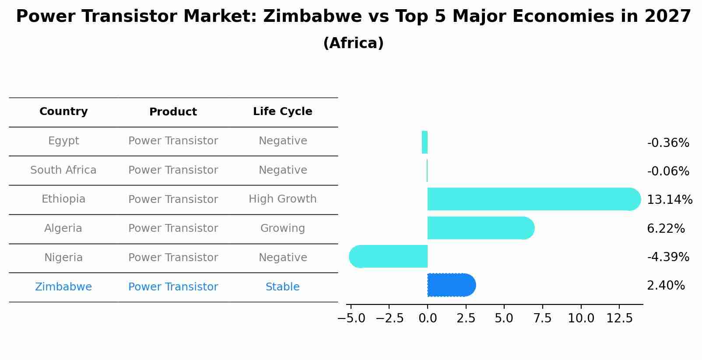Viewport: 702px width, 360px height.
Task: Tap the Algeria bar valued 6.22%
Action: pyautogui.click(x=480, y=228)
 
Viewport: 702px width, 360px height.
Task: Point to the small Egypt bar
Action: pyautogui.click(x=425, y=142)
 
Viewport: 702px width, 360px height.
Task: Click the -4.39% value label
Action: pyautogui.click(x=668, y=257)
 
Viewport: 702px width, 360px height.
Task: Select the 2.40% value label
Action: pyautogui.click(x=666, y=286)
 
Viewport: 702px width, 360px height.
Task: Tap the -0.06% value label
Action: pyautogui.click(x=668, y=171)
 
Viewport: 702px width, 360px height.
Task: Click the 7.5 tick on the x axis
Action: pyautogui.click(x=542, y=318)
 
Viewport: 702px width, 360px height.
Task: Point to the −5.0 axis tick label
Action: pyautogui.click(x=351, y=318)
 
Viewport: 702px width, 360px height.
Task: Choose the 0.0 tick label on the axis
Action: pyautogui.click(x=428, y=318)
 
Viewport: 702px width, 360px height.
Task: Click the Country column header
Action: pyautogui.click(x=63, y=112)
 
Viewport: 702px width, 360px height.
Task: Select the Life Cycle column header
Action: pyautogui.click(x=282, y=112)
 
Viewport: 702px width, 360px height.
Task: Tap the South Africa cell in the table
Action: pyautogui.click(x=63, y=170)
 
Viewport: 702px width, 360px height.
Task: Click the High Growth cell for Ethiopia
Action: pyautogui.click(x=282, y=199)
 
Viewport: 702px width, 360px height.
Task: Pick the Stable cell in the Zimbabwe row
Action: pyautogui.click(x=282, y=287)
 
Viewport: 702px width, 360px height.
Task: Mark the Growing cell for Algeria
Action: pyautogui.click(x=282, y=228)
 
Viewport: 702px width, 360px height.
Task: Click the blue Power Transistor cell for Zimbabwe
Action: pyautogui.click(x=173, y=287)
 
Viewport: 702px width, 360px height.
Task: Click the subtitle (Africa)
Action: pyautogui.click(x=353, y=43)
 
